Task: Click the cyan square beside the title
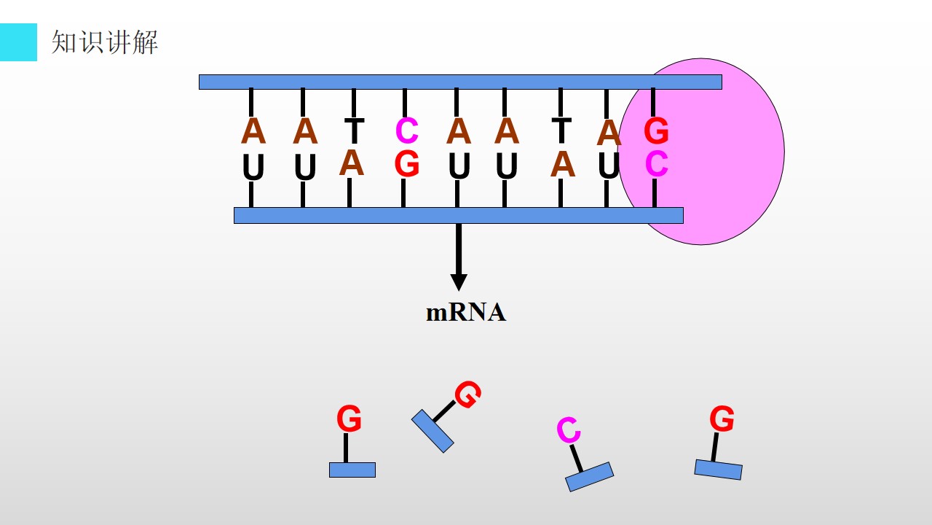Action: point(18,42)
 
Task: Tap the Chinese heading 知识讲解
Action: point(105,42)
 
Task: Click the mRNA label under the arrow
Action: point(466,313)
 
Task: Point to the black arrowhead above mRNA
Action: point(459,282)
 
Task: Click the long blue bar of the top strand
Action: point(460,82)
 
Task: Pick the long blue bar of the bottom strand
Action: point(459,215)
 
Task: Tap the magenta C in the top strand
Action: point(406,131)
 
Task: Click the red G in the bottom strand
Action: point(406,164)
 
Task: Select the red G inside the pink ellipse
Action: point(656,131)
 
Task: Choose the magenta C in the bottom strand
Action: point(657,164)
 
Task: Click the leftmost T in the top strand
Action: point(355,131)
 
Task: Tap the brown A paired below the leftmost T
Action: point(352,163)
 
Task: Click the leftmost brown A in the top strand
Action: point(253,131)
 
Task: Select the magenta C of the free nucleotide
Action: point(569,430)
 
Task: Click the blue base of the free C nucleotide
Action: point(590,477)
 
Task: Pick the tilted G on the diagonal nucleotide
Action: point(468,394)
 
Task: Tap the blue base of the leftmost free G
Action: point(352,470)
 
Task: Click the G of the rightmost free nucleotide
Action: point(722,419)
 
